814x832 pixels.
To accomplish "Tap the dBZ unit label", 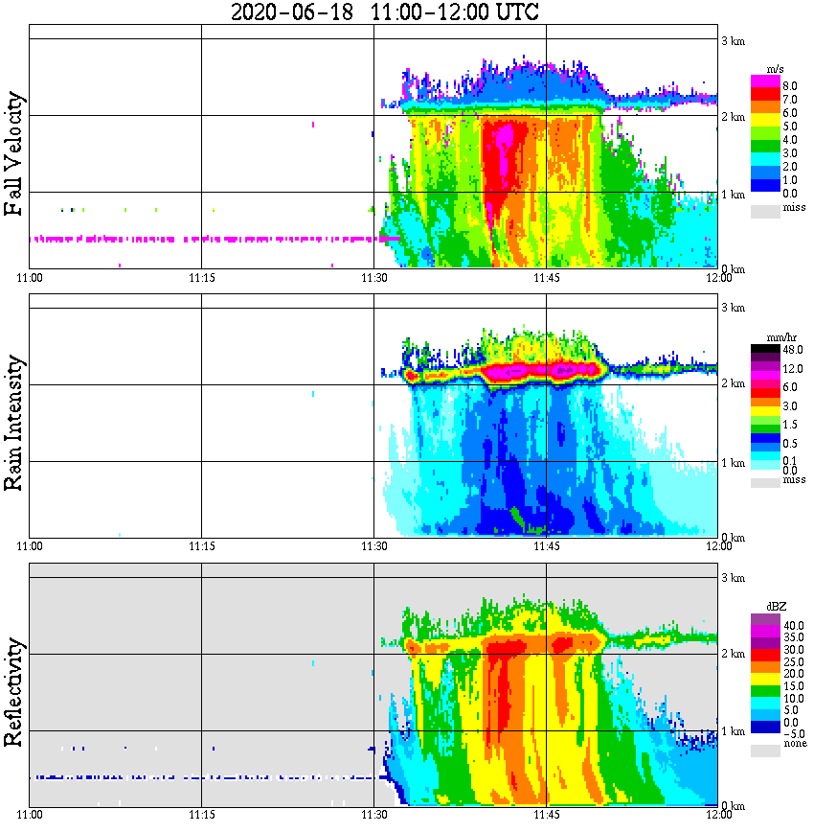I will click(x=775, y=607).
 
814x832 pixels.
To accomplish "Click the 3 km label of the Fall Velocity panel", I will click(x=733, y=40).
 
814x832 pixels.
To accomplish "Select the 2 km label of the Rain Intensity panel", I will click(x=733, y=384).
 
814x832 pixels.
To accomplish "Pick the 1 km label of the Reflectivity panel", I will click(x=733, y=731).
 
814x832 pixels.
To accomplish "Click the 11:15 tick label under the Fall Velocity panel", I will click(x=201, y=277).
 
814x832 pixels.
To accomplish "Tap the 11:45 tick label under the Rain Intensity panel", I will click(x=546, y=545).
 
